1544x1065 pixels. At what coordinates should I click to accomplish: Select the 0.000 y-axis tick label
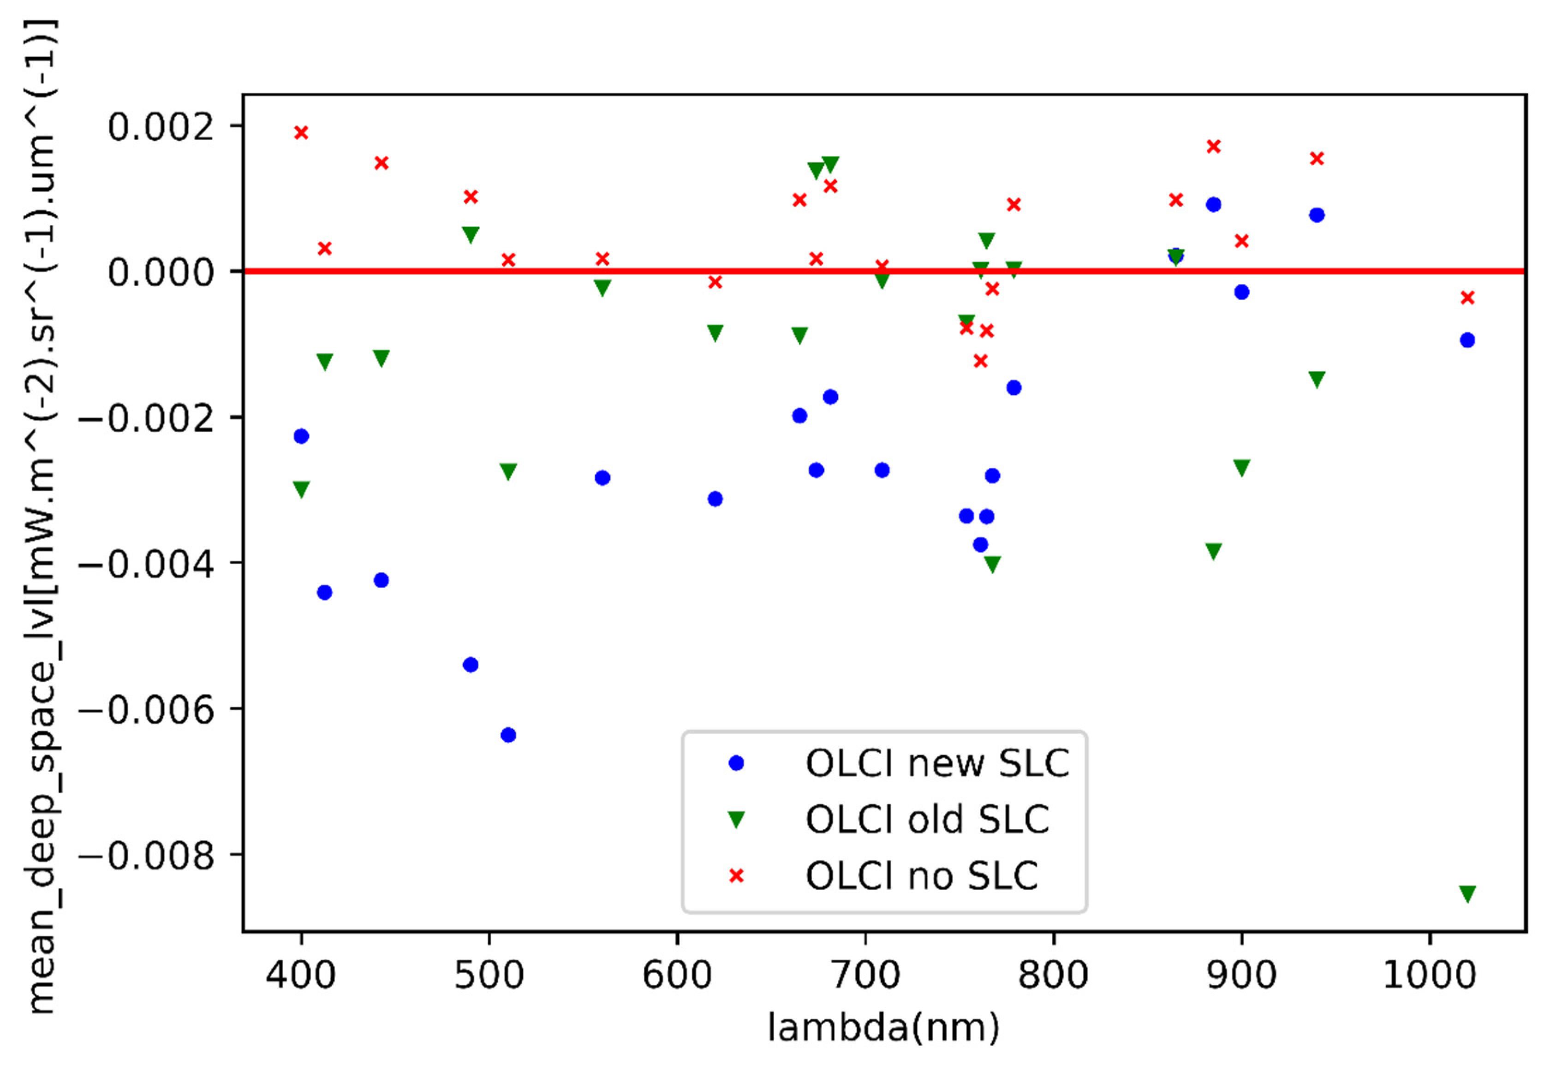[161, 272]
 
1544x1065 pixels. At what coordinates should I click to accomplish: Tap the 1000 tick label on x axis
[1429, 976]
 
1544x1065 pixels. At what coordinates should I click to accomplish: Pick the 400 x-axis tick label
[301, 976]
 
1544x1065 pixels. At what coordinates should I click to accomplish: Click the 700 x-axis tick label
[865, 976]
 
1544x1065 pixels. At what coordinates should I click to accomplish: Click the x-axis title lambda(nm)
[883, 1028]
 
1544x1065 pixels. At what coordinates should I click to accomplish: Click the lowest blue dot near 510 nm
[508, 735]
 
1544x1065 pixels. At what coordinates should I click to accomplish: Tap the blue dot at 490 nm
[471, 665]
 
